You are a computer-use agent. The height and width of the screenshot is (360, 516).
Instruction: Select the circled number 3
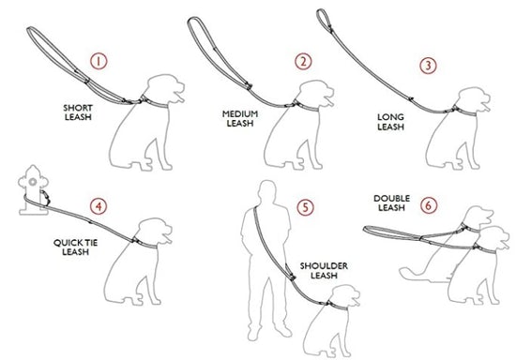pyautogui.click(x=427, y=66)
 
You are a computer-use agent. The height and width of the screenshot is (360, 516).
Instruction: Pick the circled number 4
pyautogui.click(x=96, y=205)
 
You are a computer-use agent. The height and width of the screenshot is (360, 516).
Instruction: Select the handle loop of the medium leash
pyautogui.click(x=201, y=31)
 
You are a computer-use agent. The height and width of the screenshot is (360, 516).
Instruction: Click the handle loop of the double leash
pyautogui.click(x=380, y=230)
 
